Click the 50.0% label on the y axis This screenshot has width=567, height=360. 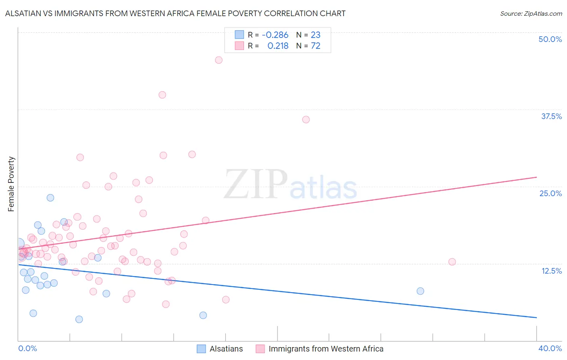[550, 39]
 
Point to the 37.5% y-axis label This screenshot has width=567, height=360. [551, 116]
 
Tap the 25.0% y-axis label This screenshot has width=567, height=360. [550, 193]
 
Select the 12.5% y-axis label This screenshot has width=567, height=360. [551, 271]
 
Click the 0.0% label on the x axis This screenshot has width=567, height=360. [27, 348]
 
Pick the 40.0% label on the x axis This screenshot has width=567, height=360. [550, 348]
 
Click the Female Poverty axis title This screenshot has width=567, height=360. [11, 184]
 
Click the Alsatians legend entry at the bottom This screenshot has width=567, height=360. [226, 349]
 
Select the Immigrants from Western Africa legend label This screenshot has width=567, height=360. [326, 349]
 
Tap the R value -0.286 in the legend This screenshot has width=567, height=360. [275, 35]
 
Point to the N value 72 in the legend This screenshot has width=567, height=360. [315, 46]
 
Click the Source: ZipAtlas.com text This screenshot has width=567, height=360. [531, 13]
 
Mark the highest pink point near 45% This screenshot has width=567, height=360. [219, 60]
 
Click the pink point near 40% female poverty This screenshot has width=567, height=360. [162, 95]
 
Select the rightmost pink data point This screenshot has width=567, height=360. [452, 262]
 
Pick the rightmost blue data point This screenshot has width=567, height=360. [420, 291]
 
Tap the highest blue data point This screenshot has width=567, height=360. [50, 198]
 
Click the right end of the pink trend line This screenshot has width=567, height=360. [536, 177]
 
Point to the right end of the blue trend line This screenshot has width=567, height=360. [536, 318]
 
